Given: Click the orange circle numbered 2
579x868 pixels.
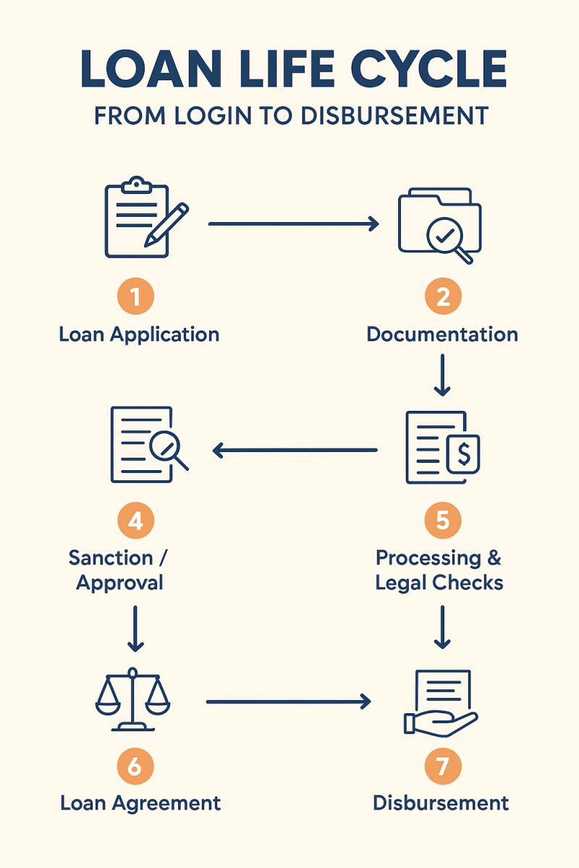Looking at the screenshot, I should click(443, 296).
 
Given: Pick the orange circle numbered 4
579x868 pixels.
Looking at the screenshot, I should click(135, 521).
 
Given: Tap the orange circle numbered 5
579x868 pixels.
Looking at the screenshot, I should click(443, 521).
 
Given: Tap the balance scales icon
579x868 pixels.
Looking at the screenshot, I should click(133, 697).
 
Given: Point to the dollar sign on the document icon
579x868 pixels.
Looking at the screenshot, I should click(464, 454).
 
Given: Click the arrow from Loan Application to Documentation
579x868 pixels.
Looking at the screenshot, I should click(293, 224).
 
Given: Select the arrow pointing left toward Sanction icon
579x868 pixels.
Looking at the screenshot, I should click(295, 451).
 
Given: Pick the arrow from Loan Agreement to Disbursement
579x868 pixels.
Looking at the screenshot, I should click(288, 701).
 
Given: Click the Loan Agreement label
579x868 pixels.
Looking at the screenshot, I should click(140, 802).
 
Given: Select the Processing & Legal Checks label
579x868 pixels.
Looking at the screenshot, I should click(439, 570).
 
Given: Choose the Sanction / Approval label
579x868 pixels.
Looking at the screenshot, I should click(120, 570).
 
